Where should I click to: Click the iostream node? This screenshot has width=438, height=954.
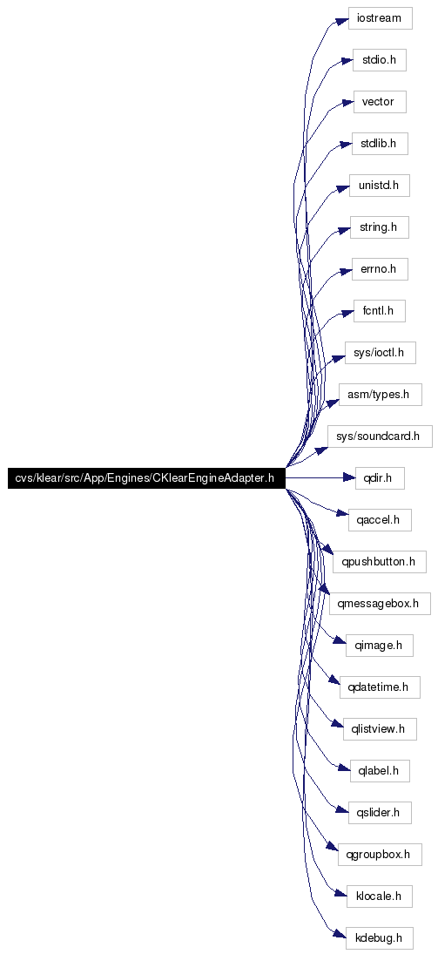[x=381, y=18]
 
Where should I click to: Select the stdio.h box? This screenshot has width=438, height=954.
[x=379, y=60]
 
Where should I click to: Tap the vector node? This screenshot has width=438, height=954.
[x=379, y=102]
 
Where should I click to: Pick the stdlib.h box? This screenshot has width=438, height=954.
[x=379, y=144]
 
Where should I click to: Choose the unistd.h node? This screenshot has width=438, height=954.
[x=379, y=185]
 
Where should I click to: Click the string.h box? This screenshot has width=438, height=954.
[x=379, y=227]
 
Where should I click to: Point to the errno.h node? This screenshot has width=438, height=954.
[x=379, y=269]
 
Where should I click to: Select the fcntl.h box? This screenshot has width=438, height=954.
[x=379, y=311]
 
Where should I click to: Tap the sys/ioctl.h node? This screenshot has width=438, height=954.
[x=380, y=353]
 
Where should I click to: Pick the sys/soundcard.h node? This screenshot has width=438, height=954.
[x=380, y=436]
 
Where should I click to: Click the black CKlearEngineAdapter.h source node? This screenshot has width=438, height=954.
[x=146, y=478]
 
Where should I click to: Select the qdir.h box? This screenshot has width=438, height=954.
[x=379, y=478]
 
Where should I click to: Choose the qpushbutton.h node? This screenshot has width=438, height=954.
[x=379, y=562]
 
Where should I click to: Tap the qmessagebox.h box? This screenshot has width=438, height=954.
[x=380, y=604]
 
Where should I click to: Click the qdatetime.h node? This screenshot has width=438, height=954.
[x=380, y=687]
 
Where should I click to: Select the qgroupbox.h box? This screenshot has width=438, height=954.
[x=380, y=854]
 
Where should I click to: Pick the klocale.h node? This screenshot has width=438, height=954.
[x=380, y=896]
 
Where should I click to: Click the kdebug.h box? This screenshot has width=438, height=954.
[x=380, y=937]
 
